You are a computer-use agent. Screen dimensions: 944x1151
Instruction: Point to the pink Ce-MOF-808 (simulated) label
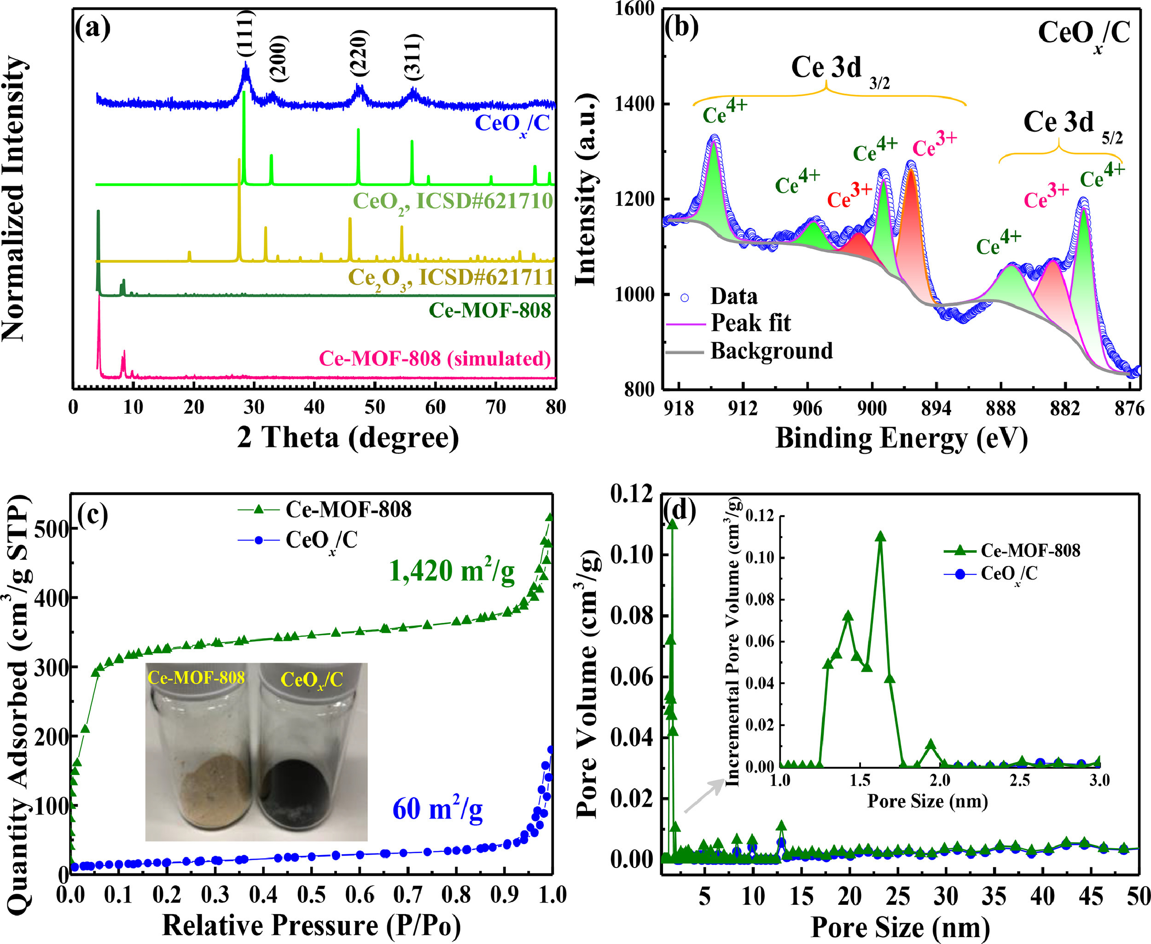click(435, 359)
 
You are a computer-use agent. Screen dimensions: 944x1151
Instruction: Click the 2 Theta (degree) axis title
click(348, 437)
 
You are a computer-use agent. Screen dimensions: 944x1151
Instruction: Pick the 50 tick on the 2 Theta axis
click(375, 407)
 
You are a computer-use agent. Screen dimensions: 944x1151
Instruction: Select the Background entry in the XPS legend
click(771, 351)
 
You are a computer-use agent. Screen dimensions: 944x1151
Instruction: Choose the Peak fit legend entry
click(750, 323)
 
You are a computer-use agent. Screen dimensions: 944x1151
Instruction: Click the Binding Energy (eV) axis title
click(901, 438)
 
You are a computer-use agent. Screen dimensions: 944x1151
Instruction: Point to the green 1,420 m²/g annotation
click(452, 571)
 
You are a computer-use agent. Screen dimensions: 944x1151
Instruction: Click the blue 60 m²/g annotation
click(437, 809)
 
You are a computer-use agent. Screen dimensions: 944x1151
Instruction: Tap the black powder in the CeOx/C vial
click(294, 788)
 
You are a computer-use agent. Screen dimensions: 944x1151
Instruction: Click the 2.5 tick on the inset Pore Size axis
click(1019, 781)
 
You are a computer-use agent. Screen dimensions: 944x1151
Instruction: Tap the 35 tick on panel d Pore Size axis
click(994, 896)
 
